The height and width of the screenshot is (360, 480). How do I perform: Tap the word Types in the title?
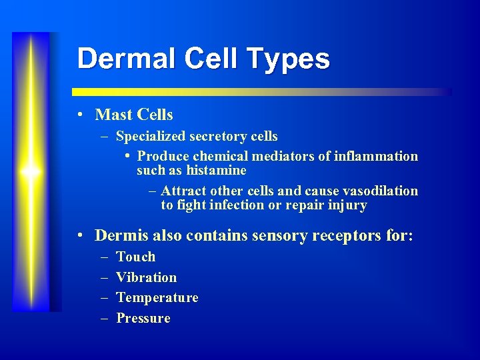(293, 59)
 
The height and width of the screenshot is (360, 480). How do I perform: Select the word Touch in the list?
(135, 257)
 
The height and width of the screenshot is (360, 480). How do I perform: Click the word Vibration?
(146, 277)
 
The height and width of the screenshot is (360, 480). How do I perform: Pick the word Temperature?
(157, 298)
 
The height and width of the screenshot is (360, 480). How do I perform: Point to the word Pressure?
(143, 319)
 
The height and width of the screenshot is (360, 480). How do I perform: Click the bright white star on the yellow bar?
(31, 172)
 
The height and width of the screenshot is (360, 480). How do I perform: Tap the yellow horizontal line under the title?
(260, 92)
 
